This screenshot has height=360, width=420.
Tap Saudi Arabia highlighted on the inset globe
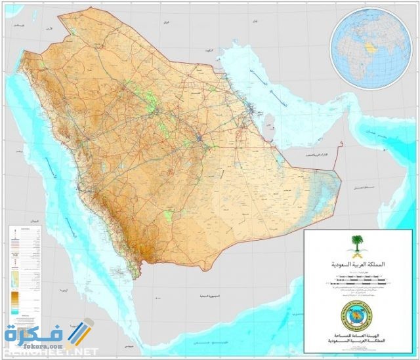tap(371, 47)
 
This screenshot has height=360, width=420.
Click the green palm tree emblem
tap(357, 247)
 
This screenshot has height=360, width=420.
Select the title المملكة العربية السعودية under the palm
tap(357, 266)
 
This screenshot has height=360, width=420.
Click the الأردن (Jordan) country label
tap(47, 30)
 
